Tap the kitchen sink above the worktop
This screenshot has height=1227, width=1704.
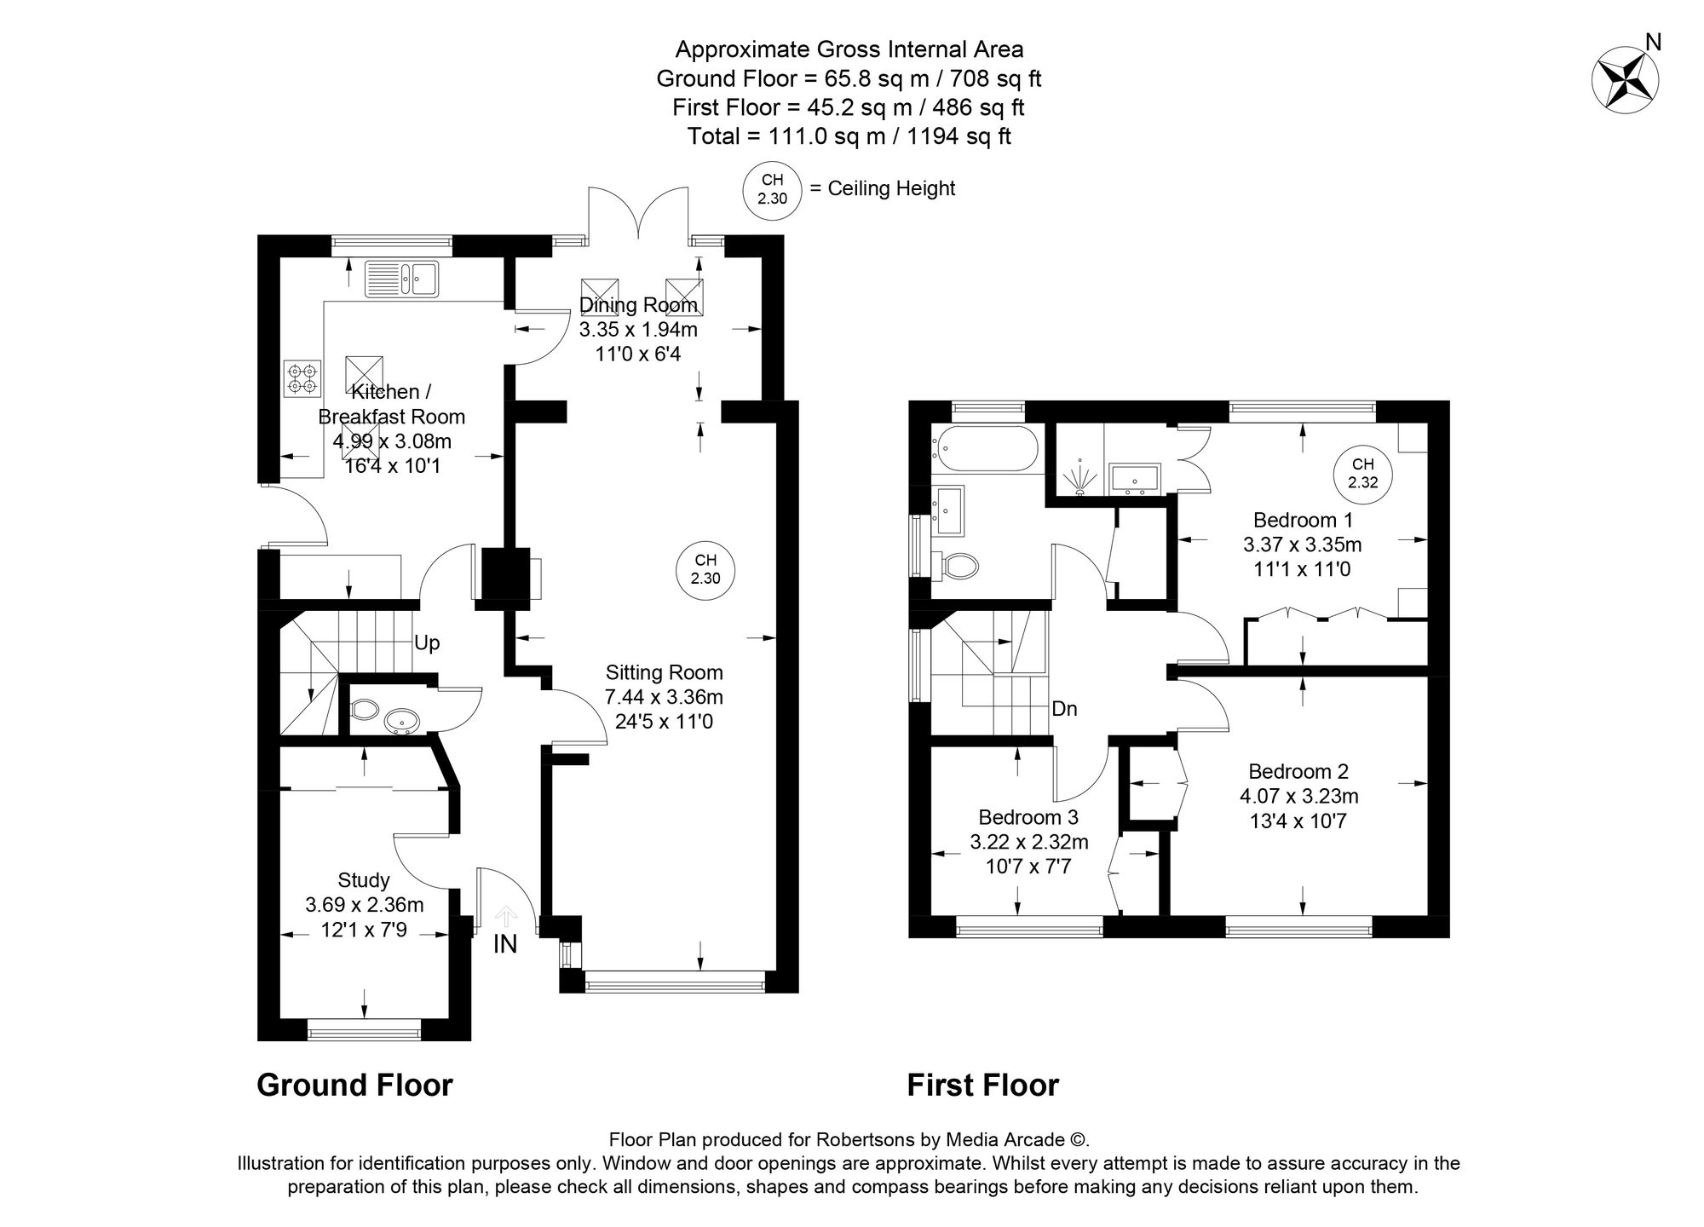coord(401,279)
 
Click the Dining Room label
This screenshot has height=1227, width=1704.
coord(638,305)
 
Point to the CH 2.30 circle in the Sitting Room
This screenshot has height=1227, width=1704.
coord(705,569)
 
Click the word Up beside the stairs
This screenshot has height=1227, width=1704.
coord(427,643)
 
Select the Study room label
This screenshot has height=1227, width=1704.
coord(364,880)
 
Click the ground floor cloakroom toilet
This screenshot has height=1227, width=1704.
coord(364,710)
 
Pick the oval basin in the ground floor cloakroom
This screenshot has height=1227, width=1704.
coord(400,722)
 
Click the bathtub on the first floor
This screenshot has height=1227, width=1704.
coord(986,449)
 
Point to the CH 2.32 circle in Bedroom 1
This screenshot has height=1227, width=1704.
coord(1362,473)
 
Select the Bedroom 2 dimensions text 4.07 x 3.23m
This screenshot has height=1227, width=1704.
coord(1298,797)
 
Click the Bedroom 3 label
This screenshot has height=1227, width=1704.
coord(1028,817)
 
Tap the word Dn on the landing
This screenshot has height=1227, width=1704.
coord(1065,708)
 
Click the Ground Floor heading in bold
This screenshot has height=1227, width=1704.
coord(354,1086)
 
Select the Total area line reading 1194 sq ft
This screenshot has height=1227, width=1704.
coord(849,136)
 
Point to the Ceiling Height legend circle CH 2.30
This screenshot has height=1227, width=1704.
coord(772,189)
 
